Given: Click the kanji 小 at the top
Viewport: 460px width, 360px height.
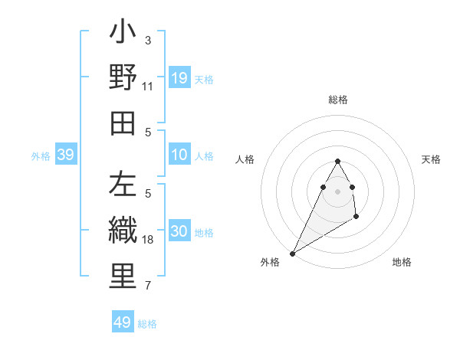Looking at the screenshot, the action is pyautogui.click(x=123, y=34).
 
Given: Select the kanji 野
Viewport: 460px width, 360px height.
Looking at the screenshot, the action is pyautogui.click(x=123, y=77).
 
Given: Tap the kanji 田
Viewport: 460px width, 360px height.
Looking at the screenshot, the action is pyautogui.click(x=123, y=123).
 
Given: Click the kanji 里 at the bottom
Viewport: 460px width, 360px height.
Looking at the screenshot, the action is pyautogui.click(x=123, y=277).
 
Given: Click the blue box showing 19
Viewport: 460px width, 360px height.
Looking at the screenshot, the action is pyautogui.click(x=179, y=78).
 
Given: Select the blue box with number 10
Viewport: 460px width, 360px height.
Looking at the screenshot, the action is pyautogui.click(x=179, y=155).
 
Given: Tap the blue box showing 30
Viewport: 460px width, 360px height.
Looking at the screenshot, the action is pyautogui.click(x=179, y=232).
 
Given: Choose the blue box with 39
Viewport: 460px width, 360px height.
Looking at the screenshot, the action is pyautogui.click(x=66, y=155).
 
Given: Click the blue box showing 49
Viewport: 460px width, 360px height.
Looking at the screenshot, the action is pyautogui.click(x=123, y=322).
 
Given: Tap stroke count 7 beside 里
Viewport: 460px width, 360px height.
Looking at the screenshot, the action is pyautogui.click(x=148, y=286).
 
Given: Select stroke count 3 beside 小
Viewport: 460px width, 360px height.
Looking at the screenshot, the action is pyautogui.click(x=148, y=40).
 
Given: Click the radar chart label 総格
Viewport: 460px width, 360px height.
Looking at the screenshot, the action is pyautogui.click(x=338, y=100).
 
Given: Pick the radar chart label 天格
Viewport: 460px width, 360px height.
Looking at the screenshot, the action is pyautogui.click(x=432, y=159).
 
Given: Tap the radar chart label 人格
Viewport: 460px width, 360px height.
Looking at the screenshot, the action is pyautogui.click(x=245, y=159).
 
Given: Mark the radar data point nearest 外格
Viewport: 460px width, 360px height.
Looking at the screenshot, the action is pyautogui.click(x=292, y=253).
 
